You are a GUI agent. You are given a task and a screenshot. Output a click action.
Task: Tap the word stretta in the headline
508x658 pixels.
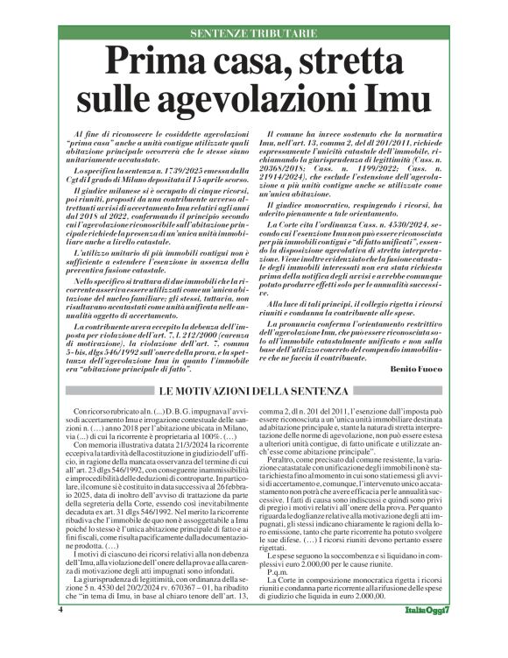point(350,63)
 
